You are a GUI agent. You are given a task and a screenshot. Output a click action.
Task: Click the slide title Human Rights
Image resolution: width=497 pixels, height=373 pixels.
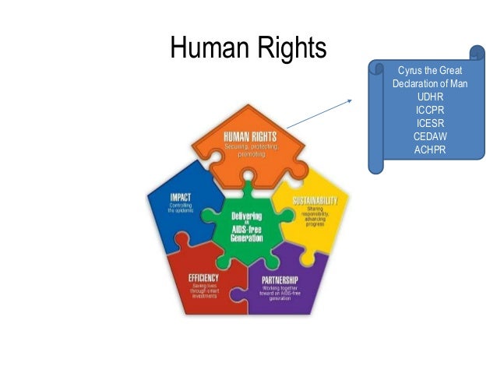[248, 50]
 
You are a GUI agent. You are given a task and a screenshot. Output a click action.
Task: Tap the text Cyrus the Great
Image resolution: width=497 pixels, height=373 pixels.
[430, 71]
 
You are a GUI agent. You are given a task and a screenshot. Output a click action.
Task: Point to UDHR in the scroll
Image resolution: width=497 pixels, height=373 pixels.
[430, 97]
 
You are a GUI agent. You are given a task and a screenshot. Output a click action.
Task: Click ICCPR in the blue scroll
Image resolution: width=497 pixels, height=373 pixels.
[430, 110]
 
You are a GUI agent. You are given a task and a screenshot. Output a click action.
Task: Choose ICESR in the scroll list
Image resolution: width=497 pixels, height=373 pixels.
[430, 123]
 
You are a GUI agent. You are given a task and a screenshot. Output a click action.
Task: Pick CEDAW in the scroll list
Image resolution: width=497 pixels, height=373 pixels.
[430, 136]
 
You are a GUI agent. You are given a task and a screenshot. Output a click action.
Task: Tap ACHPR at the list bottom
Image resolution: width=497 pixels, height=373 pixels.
[430, 150]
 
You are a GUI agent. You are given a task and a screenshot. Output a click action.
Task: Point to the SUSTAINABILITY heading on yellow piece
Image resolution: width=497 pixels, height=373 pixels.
[314, 202]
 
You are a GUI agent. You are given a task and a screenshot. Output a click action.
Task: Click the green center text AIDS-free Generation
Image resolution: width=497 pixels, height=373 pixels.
[246, 233]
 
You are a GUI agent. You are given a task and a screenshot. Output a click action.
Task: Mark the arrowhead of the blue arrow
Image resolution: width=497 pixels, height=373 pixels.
[351, 100]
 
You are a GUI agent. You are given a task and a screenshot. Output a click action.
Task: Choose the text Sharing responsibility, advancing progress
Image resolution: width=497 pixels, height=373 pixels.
[314, 216]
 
